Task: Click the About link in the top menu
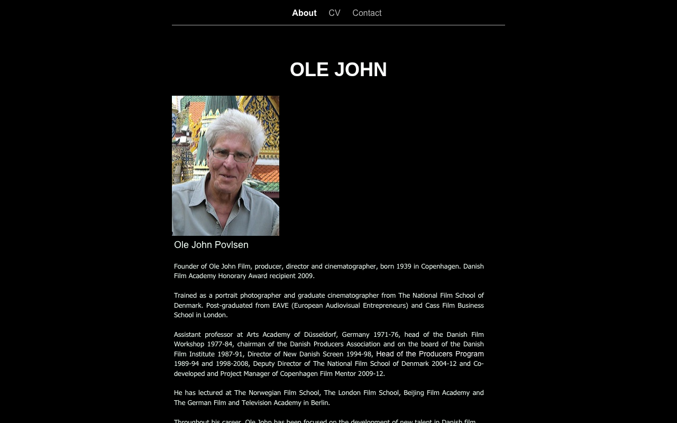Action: point(304,13)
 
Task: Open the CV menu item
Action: point(334,13)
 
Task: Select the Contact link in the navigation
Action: point(367,13)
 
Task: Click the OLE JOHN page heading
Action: point(338,70)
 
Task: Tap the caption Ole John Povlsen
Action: point(211,245)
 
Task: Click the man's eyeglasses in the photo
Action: point(231,155)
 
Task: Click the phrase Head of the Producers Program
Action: point(430,354)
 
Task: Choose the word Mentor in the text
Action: point(345,373)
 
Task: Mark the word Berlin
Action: point(319,402)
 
